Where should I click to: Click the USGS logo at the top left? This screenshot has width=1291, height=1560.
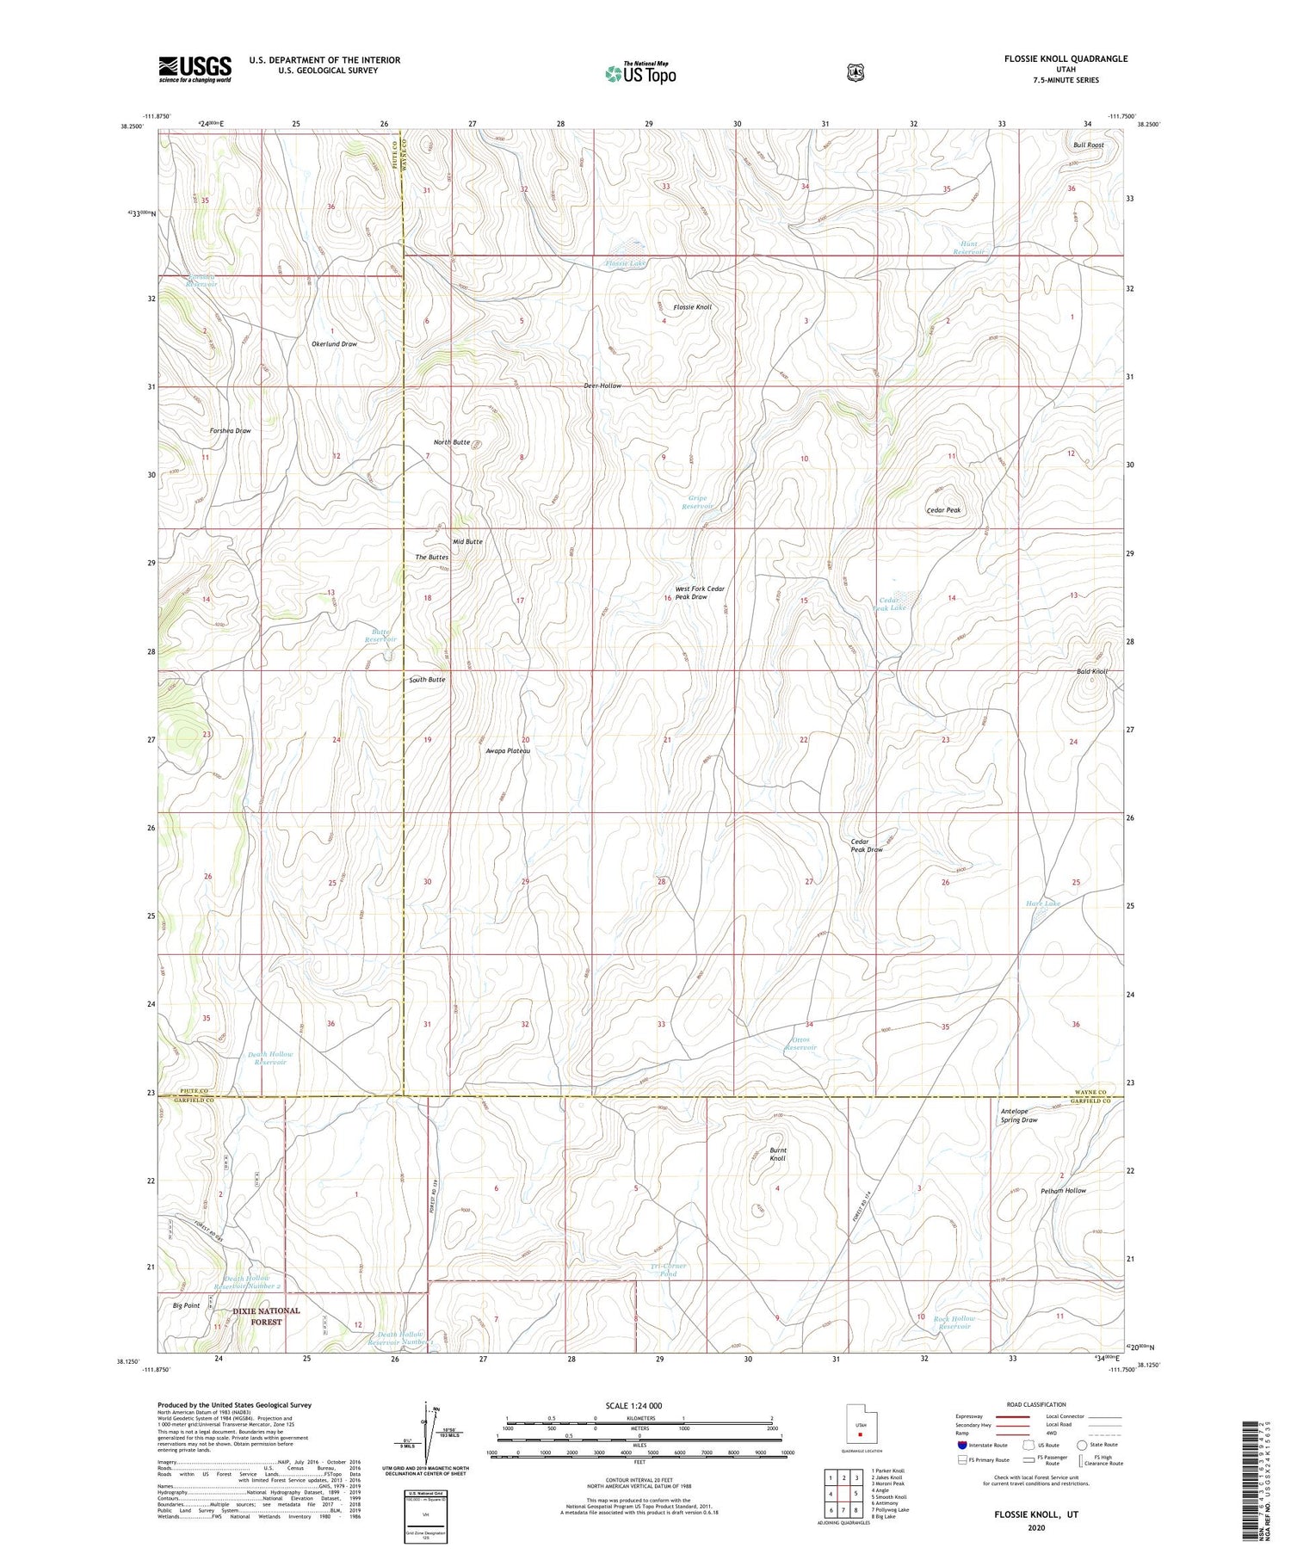point(195,69)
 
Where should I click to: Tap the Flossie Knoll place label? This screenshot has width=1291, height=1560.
point(692,307)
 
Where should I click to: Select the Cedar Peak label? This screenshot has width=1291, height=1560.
point(943,510)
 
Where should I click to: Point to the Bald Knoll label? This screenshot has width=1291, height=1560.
point(1092,671)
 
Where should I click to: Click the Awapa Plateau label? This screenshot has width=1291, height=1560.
point(508,751)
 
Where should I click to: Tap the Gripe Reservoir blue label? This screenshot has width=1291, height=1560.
point(698,503)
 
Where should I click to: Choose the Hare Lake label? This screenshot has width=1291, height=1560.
point(1043,903)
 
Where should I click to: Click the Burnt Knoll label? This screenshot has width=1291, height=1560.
point(777,1155)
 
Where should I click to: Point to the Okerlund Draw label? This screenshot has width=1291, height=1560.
point(334,343)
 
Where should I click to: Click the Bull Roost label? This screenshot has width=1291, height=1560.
point(1088,145)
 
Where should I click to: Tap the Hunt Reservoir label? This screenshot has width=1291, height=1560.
point(971,248)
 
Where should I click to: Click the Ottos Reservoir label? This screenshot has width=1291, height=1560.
point(801,1044)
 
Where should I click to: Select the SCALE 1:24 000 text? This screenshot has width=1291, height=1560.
point(633,1405)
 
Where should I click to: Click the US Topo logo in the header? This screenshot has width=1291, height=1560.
point(640,72)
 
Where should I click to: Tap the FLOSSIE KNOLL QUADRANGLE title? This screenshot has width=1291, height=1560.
point(1065,59)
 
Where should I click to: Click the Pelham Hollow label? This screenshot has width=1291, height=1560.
point(1063,1191)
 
